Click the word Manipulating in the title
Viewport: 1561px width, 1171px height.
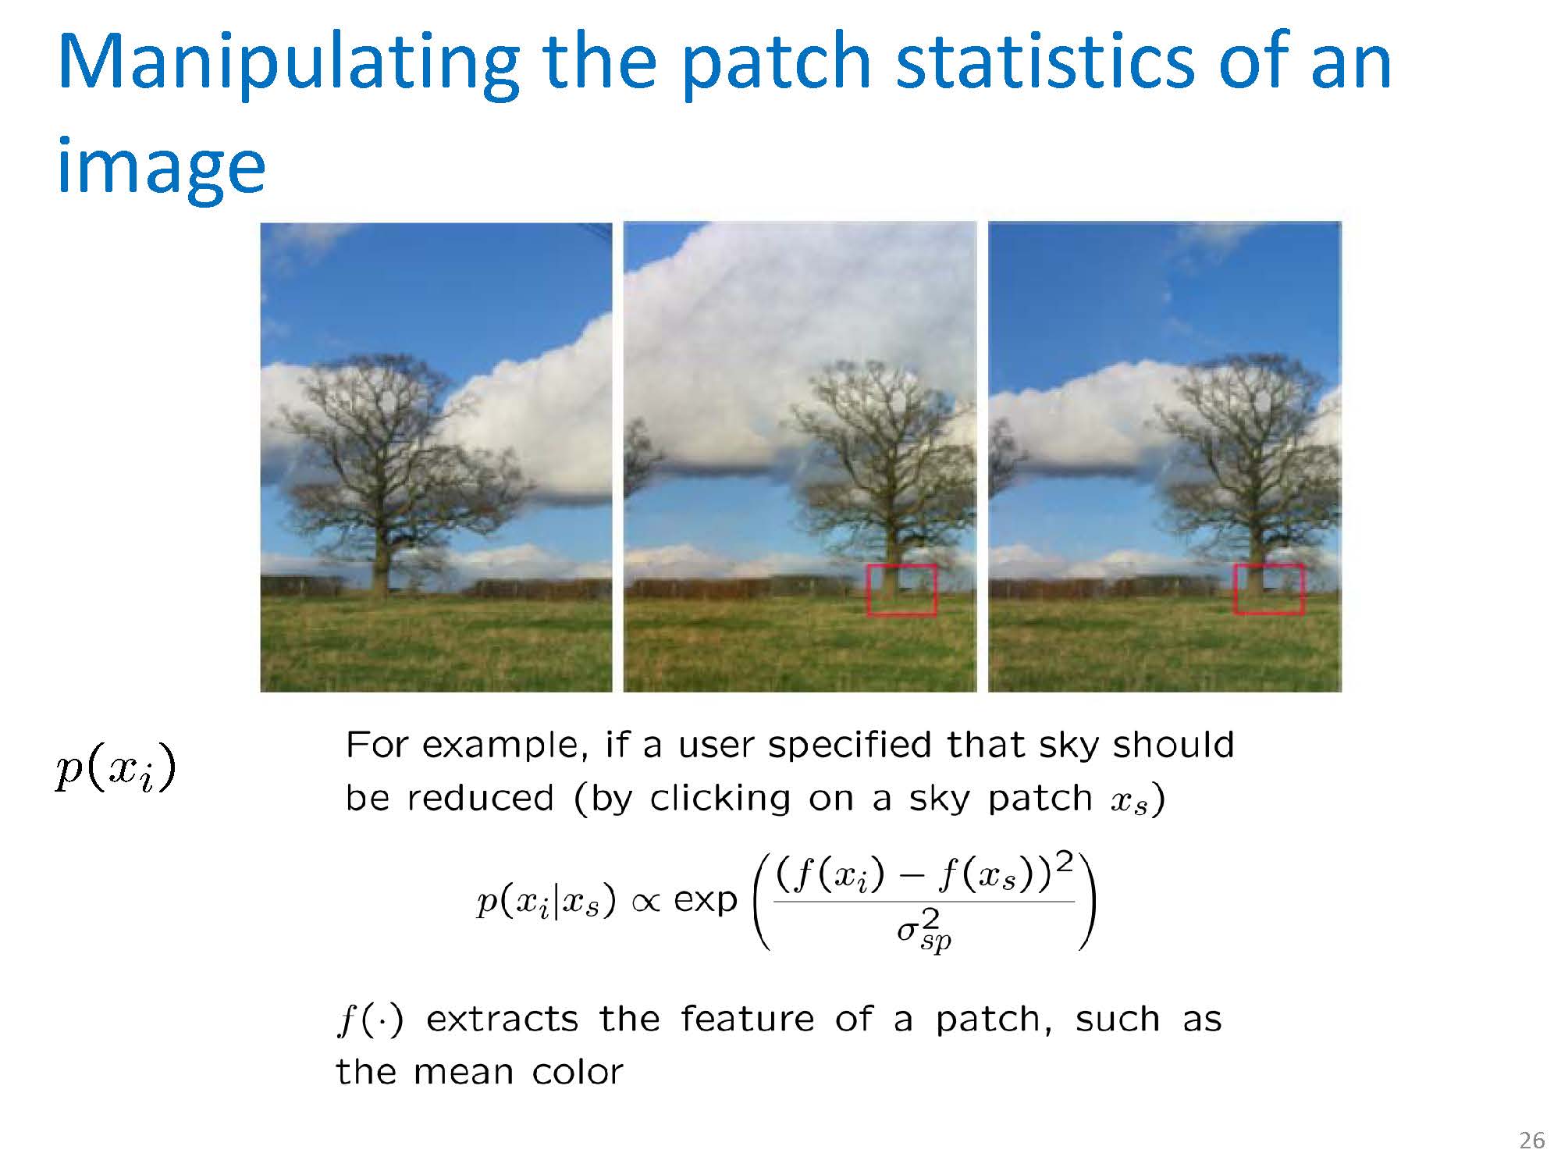click(289, 64)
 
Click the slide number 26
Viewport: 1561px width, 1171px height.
click(1532, 1141)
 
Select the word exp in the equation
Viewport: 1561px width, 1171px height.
click(706, 900)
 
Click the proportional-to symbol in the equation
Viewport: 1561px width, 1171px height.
click(645, 902)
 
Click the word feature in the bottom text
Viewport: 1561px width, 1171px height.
click(747, 1019)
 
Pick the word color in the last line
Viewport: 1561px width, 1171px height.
click(578, 1072)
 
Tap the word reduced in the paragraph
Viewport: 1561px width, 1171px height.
click(480, 799)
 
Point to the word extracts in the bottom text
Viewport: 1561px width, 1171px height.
click(502, 1020)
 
